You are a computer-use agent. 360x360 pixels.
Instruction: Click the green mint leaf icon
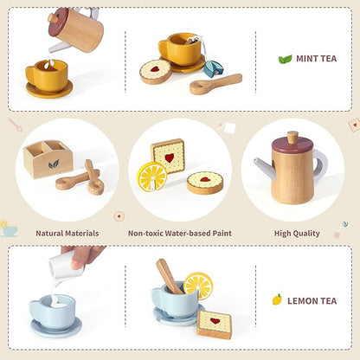pos(285,59)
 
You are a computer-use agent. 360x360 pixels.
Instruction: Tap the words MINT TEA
pos(317,59)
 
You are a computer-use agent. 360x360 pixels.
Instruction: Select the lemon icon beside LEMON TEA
pos(277,299)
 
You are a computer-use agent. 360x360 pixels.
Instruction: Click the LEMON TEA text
pos(312,301)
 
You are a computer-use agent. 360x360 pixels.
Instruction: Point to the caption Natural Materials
pos(67,233)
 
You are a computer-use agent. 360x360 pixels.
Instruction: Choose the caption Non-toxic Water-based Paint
pos(180,233)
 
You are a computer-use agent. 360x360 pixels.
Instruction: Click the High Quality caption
pos(297,234)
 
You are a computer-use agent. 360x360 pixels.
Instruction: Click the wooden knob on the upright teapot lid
pos(292,138)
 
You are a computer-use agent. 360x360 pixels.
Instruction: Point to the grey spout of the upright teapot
pos(263,167)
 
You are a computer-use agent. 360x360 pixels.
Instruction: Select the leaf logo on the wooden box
pos(54,164)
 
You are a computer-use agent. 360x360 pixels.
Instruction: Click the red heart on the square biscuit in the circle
pos(170,157)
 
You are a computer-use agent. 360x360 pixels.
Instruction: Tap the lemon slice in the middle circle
pos(152,177)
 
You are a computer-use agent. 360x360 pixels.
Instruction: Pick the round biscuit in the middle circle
pos(205,183)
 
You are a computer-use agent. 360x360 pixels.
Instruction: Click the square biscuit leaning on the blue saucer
pos(215,325)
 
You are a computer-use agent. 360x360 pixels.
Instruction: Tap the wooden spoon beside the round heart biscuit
pos(215,84)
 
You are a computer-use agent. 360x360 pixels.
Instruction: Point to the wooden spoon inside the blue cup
pos(170,277)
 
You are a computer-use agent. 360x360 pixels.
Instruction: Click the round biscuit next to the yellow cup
pos(156,72)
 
